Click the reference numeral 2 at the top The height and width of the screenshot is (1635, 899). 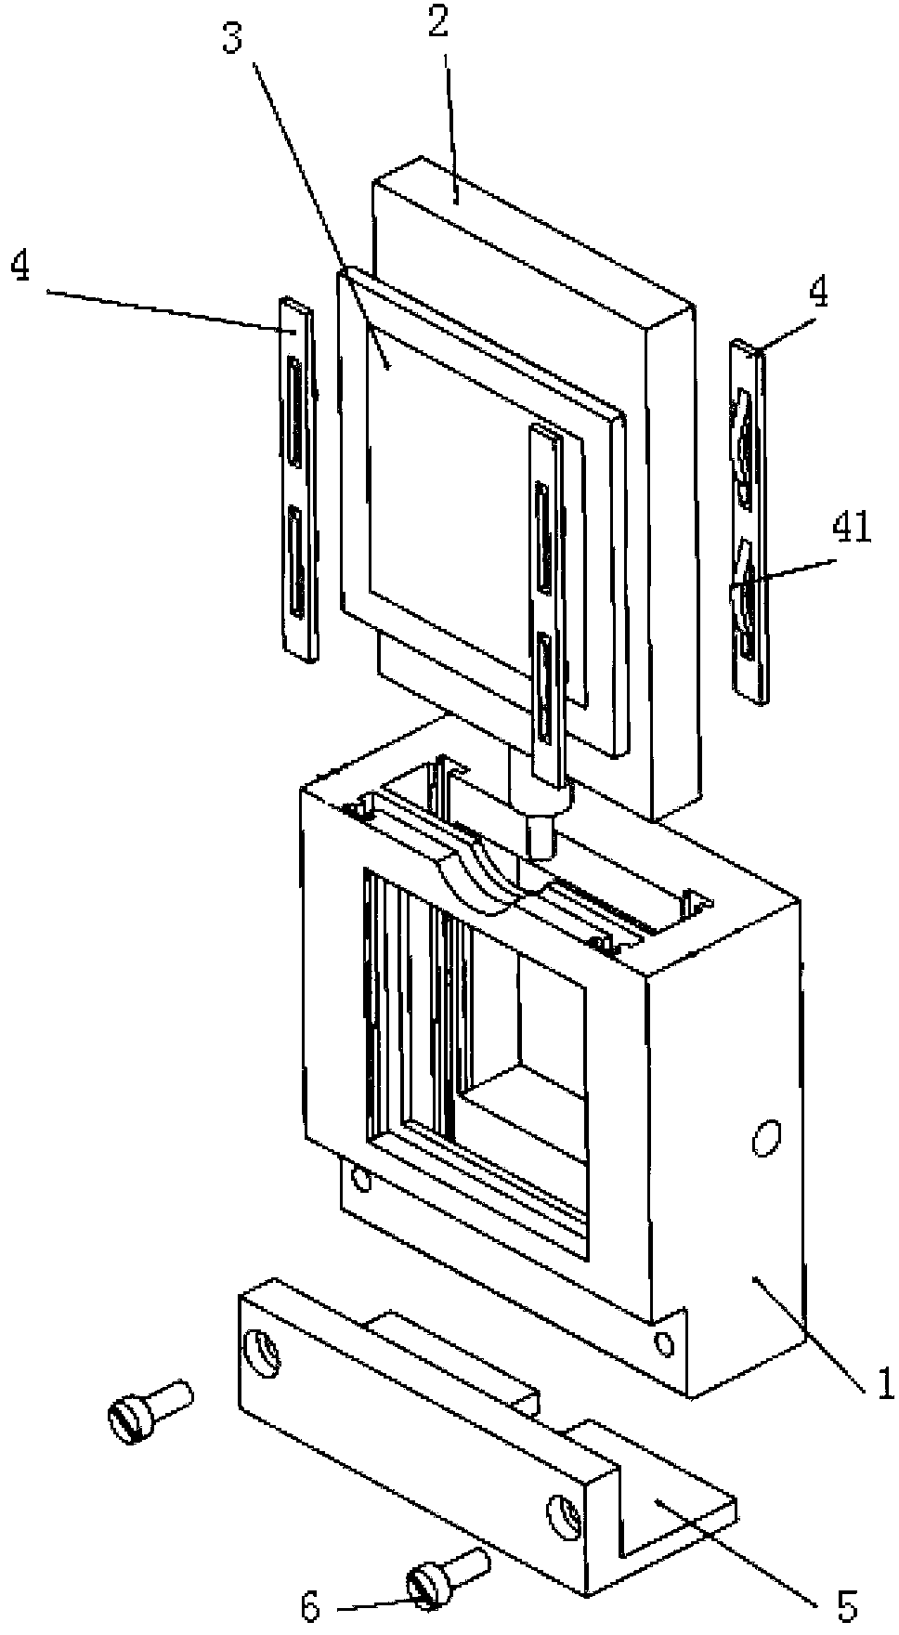[x=437, y=23]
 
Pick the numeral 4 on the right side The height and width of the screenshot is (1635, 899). [x=818, y=294]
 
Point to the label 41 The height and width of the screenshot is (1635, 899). [x=853, y=530]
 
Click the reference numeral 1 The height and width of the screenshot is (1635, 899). [x=884, y=1383]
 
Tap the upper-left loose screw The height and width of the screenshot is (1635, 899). [x=149, y=1409]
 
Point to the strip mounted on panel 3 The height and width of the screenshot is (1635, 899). [x=545, y=595]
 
